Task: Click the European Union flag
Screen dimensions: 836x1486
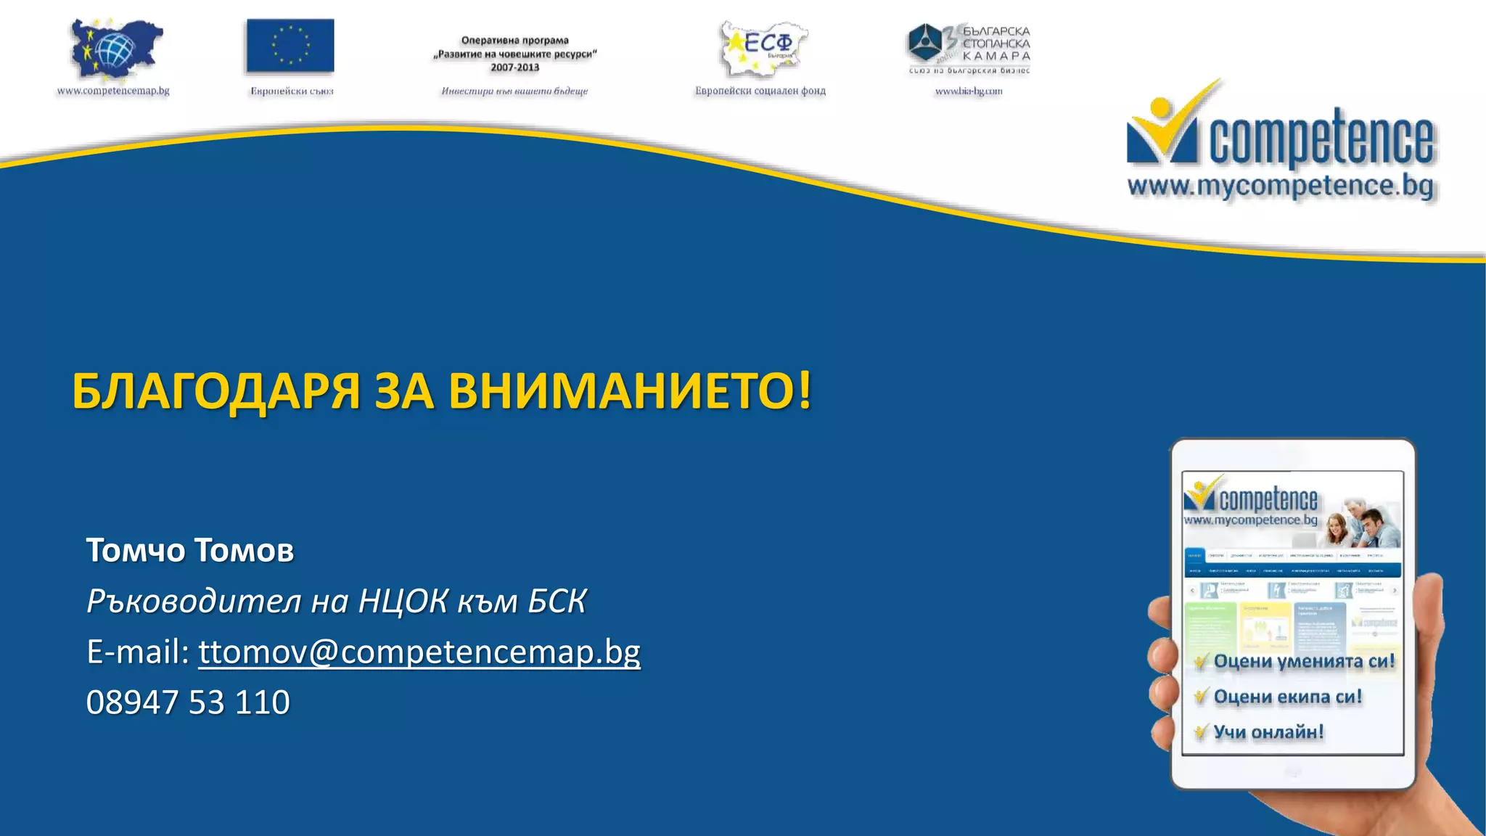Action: [290, 46]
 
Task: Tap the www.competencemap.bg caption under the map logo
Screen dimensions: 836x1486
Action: [113, 91]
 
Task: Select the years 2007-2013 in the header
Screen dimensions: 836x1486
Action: [514, 67]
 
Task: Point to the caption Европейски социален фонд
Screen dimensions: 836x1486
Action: [760, 91]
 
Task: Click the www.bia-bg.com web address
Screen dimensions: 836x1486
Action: [969, 91]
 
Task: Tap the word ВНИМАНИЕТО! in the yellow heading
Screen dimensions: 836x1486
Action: [630, 391]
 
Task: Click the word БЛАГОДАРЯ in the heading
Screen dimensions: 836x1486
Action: [216, 391]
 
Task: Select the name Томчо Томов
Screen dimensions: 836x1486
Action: [190, 550]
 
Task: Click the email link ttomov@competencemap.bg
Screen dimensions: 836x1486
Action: [419, 652]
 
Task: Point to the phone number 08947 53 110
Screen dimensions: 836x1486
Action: [188, 702]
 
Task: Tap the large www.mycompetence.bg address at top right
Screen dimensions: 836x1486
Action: [1281, 186]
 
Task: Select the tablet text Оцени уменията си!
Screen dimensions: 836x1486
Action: [1304, 661]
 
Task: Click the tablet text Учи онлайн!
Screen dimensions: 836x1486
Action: [1268, 732]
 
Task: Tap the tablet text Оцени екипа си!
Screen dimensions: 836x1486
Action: [1287, 697]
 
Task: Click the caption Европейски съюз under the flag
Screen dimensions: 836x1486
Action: [292, 91]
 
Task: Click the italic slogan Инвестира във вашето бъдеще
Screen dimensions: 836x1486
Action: [514, 91]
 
